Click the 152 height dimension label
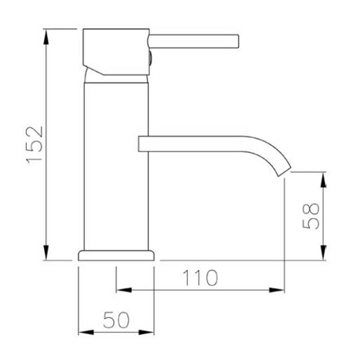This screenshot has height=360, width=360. click(35, 145)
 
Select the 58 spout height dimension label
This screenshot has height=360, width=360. click(311, 216)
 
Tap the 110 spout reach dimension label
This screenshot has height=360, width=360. click(200, 278)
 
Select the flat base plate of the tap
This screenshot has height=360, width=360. click(116, 256)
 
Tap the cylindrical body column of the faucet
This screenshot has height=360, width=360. click(116, 165)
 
